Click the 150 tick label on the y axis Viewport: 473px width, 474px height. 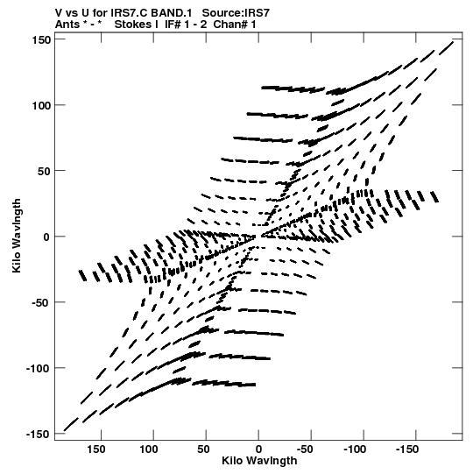[41, 39]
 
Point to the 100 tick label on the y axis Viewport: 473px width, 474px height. [41, 105]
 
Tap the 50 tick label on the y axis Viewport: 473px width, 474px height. [44, 171]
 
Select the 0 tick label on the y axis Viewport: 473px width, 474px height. [46, 237]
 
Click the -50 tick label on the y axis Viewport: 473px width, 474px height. [41, 302]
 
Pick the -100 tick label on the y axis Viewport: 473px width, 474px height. [38, 368]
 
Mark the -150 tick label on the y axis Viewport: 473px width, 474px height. [38, 434]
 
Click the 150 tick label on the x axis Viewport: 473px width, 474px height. [96, 449]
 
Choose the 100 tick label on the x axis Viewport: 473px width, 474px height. [148, 449]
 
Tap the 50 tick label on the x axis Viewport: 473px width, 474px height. [204, 449]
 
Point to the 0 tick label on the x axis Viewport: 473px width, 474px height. [258, 449]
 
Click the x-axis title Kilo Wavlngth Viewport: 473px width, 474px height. [259, 461]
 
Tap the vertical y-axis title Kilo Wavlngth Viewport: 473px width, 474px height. [17, 236]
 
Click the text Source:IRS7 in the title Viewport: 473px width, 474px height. [236, 13]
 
